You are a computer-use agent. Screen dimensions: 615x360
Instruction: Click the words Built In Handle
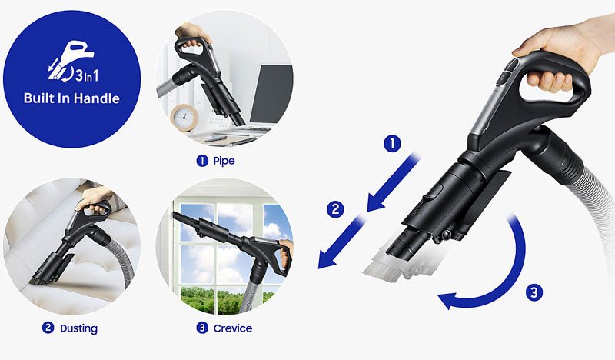pos(71,98)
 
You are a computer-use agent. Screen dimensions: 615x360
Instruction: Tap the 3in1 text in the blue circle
pos(87,75)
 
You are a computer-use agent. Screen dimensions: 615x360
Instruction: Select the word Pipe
pos(224,161)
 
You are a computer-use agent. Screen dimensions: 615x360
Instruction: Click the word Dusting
pos(78,328)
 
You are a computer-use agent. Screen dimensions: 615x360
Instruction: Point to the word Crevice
pos(233,328)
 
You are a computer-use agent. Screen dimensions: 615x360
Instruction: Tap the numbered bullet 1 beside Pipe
pos(202,161)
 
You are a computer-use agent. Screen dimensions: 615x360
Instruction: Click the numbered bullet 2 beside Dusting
pos(48,328)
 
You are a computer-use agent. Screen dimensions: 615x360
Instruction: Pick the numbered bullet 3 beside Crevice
pos(202,328)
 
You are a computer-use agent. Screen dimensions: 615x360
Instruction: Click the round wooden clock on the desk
pos(184,117)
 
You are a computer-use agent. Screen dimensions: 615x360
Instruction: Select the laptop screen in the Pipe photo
pos(271,94)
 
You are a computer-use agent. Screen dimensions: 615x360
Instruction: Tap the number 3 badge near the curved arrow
pos(534,292)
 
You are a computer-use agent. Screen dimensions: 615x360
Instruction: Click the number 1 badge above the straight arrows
pos(392,144)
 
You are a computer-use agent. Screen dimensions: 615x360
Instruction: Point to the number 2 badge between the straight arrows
pos(335,209)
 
